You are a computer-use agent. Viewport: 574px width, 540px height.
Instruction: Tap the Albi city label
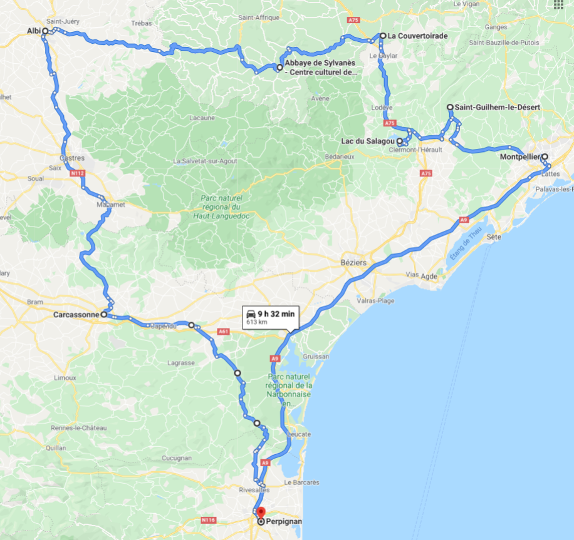33,31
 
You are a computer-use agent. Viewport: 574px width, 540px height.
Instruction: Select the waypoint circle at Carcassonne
104,315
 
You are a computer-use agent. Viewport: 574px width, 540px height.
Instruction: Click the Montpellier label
520,157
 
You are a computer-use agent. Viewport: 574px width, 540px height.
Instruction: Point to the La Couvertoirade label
417,36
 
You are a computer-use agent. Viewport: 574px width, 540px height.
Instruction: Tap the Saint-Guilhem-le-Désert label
497,108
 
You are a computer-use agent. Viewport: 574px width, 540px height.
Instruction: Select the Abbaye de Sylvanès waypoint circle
279,66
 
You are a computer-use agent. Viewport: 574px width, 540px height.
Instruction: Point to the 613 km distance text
257,322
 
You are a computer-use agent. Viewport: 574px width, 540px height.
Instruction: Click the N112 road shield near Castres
78,173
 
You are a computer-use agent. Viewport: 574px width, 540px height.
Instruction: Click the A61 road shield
224,332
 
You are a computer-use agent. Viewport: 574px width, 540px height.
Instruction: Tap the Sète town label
494,237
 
